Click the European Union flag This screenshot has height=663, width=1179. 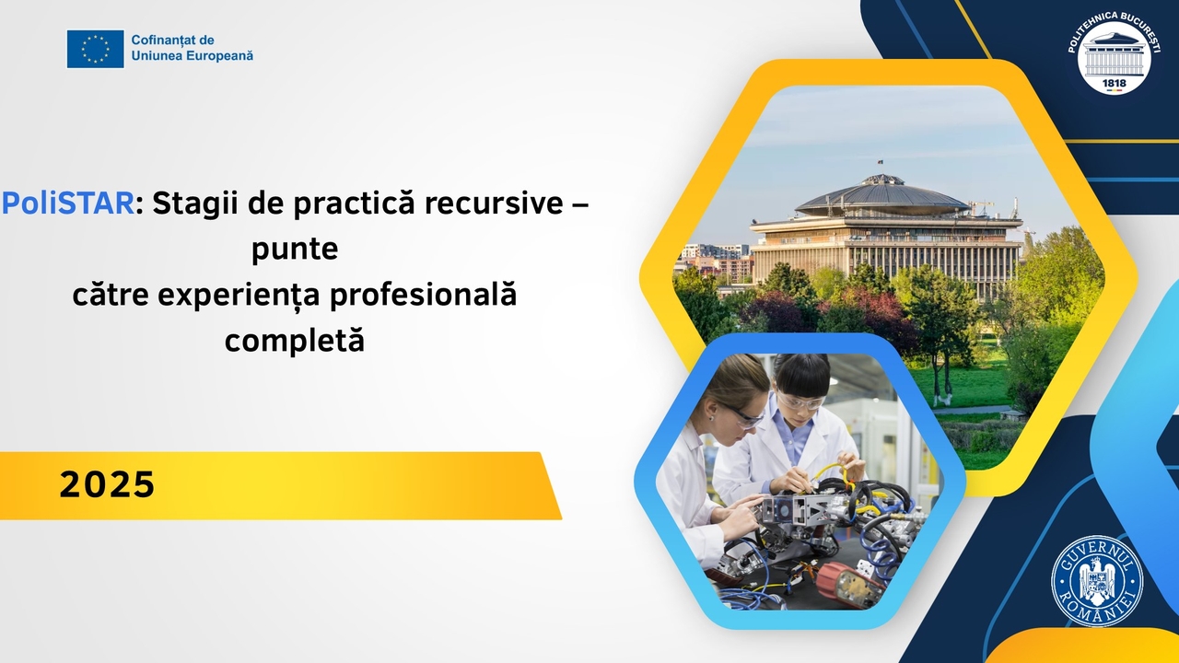pos(95,49)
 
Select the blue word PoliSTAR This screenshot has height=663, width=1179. pos(68,204)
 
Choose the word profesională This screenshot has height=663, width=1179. pos(423,295)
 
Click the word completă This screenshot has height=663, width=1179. pos(295,341)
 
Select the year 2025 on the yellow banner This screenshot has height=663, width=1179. pos(107,484)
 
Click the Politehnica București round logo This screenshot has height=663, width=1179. pos(1114,53)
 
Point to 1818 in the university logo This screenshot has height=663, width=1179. pos(1114,83)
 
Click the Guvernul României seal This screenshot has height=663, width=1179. pos(1097,580)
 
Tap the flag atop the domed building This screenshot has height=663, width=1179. pos(880,163)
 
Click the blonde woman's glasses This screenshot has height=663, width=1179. pos(741,415)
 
